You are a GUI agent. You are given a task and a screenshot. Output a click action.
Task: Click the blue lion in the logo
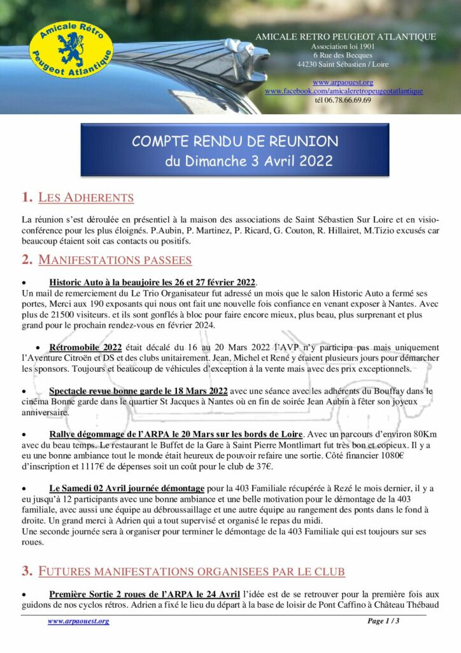tap(71, 48)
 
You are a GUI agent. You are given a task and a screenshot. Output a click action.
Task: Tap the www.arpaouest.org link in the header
tap(343, 82)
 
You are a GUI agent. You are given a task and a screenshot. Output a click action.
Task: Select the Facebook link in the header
tap(344, 91)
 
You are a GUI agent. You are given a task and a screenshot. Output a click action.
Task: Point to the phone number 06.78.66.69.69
tap(343, 100)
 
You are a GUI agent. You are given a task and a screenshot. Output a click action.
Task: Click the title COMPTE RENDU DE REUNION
tap(235, 141)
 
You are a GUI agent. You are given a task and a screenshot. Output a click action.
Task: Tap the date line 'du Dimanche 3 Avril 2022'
tap(248, 161)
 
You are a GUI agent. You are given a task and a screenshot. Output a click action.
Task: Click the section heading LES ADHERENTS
tap(86, 198)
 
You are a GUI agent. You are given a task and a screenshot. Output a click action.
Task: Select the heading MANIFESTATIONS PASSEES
tap(115, 260)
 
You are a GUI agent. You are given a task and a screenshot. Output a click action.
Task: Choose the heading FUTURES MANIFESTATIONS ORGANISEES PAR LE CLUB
tap(201, 571)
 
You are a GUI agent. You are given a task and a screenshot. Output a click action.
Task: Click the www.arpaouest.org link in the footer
tap(78, 621)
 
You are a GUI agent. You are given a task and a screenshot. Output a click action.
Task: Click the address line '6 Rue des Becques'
tap(343, 55)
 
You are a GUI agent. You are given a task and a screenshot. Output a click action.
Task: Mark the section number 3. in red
tap(27, 571)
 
